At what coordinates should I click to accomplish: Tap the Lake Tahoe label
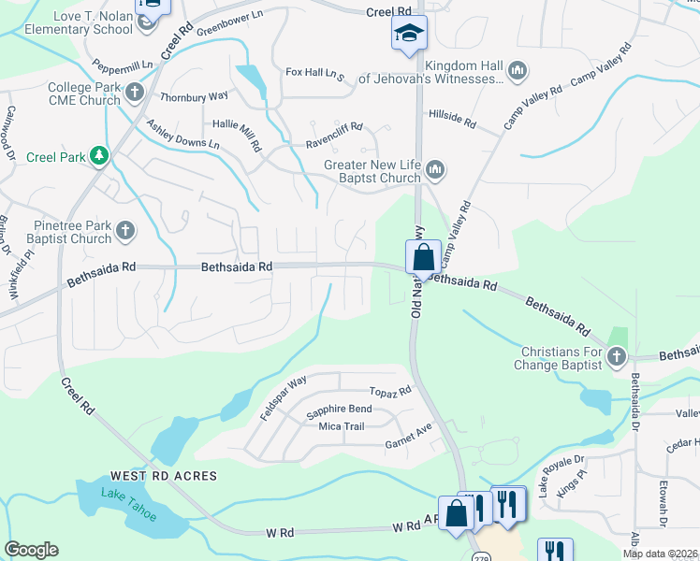[x=129, y=506]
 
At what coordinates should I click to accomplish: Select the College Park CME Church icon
[x=135, y=93]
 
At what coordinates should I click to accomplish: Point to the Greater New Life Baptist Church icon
[x=433, y=170]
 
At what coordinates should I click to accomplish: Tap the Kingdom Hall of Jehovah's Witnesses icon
[x=517, y=70]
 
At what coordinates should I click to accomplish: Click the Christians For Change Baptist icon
[x=615, y=356]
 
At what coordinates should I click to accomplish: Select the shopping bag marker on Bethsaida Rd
[x=423, y=256]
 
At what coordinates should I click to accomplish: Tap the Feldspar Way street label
[x=284, y=397]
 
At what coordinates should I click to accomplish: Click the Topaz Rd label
[x=390, y=392]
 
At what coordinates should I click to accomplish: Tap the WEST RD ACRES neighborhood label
[x=163, y=476]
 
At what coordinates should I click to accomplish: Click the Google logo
[x=31, y=550]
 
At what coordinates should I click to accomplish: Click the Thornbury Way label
[x=194, y=96]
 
